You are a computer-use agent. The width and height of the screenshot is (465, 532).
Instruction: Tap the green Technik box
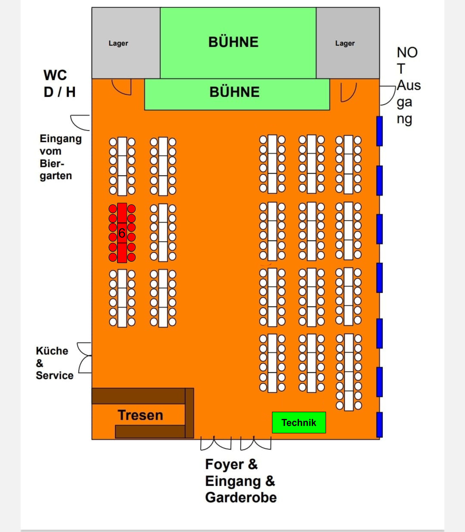299,422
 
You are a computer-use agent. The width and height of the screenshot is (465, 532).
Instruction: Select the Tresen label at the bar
140,415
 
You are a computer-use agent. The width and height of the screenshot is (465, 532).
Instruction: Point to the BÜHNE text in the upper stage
233,42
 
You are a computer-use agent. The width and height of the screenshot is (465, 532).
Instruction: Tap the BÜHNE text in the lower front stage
234,92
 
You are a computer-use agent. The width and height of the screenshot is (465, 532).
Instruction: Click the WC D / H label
59,84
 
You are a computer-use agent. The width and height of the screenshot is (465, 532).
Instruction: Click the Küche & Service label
55,363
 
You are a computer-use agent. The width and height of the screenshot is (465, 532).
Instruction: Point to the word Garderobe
241,497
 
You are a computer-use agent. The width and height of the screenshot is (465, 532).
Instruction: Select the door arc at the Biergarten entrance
80,123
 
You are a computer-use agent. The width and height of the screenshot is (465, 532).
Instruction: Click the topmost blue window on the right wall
379,131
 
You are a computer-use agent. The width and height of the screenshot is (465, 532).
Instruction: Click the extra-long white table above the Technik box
349,372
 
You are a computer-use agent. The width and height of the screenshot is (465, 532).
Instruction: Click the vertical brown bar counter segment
189,413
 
